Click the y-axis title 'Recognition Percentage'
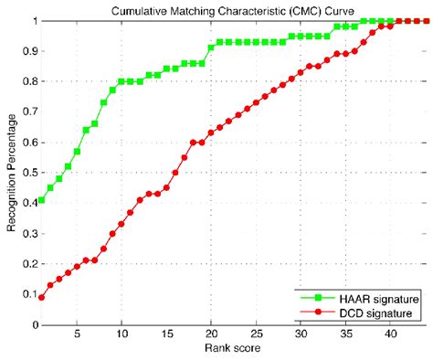click(12, 171)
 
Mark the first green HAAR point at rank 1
click(41, 200)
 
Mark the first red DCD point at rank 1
click(41, 297)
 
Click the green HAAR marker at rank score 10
click(121, 81)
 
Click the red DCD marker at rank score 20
click(211, 132)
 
